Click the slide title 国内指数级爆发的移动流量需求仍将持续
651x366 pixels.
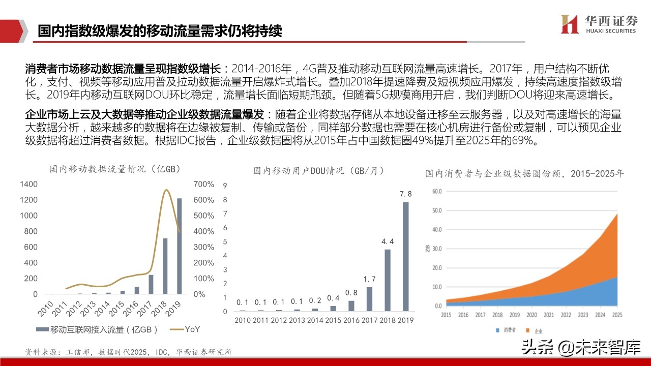160,30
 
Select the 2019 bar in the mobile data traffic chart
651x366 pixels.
179,246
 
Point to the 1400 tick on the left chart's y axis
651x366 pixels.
28,184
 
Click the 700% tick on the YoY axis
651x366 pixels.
204,184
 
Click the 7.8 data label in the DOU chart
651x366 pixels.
405,194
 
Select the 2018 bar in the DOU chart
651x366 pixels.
388,280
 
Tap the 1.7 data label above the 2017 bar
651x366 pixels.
370,279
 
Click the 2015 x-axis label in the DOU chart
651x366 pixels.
333,320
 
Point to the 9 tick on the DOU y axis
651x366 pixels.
225,186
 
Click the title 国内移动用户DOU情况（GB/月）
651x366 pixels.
318,171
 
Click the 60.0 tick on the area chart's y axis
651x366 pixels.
436,192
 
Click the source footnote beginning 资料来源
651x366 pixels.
129,352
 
